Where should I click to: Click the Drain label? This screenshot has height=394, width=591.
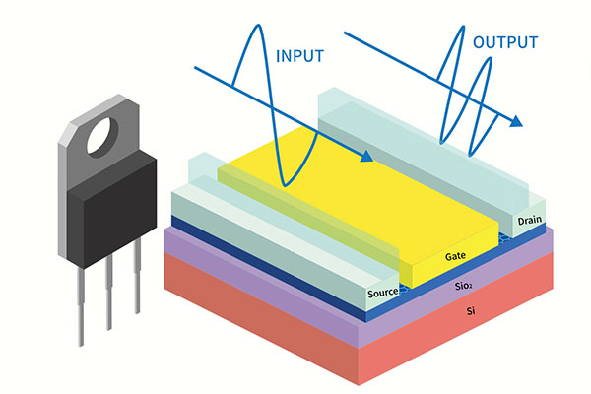(531, 220)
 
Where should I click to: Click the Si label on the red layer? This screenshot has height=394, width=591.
(469, 310)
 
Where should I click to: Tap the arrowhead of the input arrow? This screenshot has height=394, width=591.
(367, 157)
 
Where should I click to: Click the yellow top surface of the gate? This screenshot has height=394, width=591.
(374, 197)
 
